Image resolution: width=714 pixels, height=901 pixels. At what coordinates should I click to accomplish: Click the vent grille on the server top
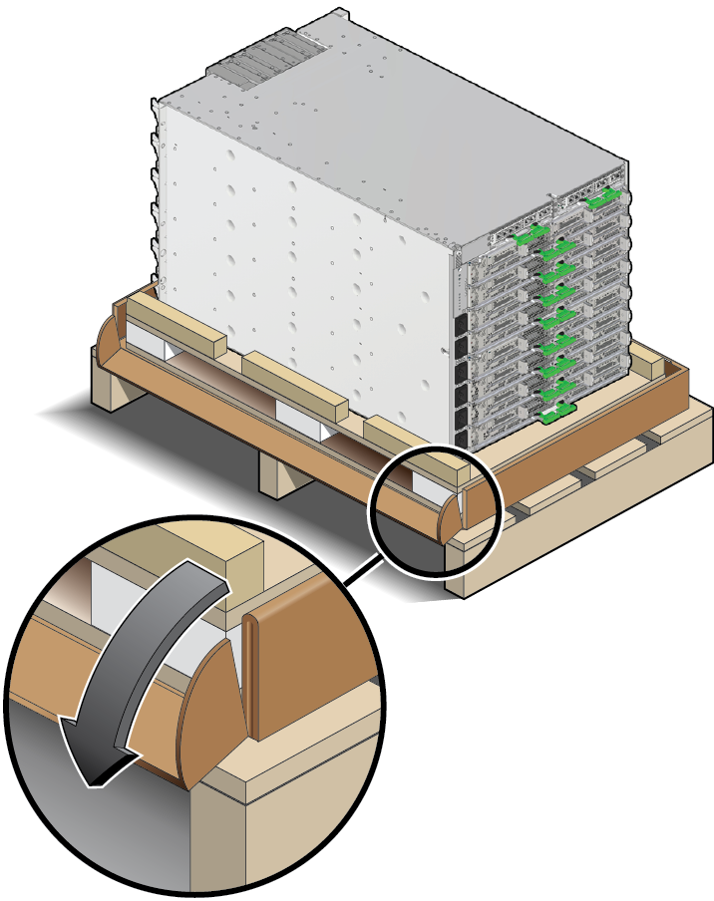tap(264, 54)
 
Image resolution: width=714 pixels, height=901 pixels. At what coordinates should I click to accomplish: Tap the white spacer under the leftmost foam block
tap(150, 344)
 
